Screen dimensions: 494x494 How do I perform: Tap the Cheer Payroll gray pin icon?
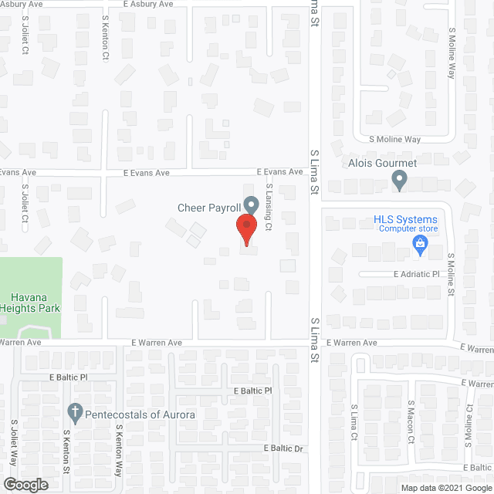point(251,205)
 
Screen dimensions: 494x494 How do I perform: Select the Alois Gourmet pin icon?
point(399,181)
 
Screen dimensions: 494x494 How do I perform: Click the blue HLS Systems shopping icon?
point(421,246)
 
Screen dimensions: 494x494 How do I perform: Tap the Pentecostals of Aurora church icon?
point(75,411)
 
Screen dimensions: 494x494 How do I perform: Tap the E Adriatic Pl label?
point(416,274)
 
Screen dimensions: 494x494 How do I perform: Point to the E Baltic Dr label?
point(286,448)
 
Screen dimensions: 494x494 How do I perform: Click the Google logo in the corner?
point(25,485)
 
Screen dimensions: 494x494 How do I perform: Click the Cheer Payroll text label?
point(208,207)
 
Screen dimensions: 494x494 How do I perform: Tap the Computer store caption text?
point(406,229)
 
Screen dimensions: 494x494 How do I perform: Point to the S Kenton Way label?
point(120,448)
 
